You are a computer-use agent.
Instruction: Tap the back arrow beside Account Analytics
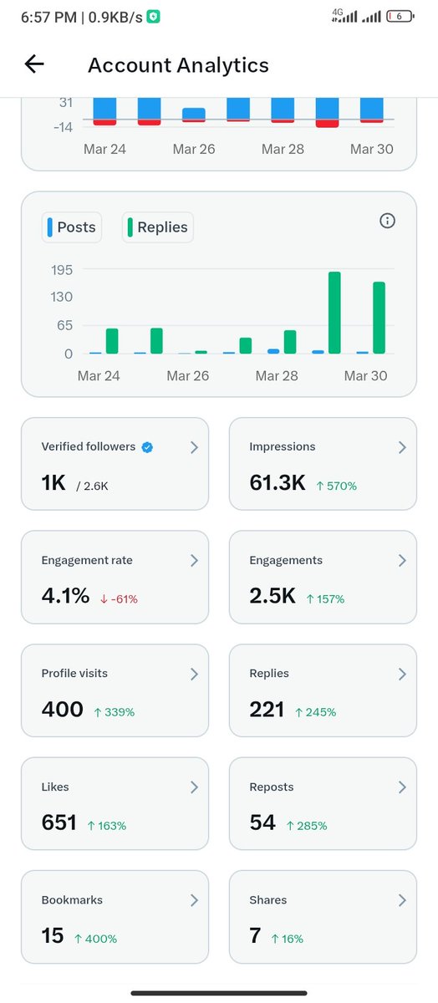click(34, 64)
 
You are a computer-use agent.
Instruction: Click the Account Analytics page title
click(178, 65)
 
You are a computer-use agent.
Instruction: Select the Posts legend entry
click(72, 227)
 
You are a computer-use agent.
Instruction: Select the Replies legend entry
click(158, 227)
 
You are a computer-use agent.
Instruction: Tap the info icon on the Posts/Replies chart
click(387, 221)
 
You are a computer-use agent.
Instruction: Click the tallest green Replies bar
click(334, 313)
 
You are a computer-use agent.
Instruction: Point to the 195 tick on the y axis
click(63, 270)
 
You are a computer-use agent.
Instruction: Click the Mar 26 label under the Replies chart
click(188, 376)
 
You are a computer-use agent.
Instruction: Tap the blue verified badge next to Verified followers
click(147, 447)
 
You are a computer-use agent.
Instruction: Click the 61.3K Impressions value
click(278, 482)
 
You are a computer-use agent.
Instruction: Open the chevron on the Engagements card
click(401, 560)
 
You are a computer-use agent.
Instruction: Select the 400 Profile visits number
click(63, 710)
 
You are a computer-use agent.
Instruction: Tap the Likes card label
click(55, 787)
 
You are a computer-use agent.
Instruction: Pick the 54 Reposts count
click(262, 823)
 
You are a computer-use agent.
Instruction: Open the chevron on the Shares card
click(401, 900)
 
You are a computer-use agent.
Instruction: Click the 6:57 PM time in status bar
click(48, 17)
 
